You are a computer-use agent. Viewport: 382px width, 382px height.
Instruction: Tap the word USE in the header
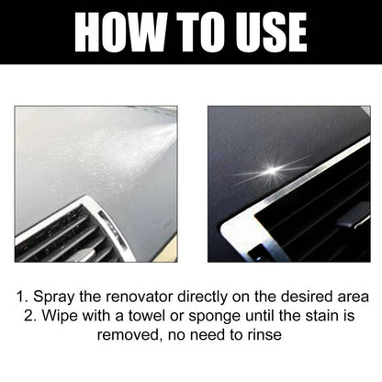[266, 32]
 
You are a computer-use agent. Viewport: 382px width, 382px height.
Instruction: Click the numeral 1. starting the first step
[21, 298]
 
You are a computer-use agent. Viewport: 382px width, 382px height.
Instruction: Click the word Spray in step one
[53, 298]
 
